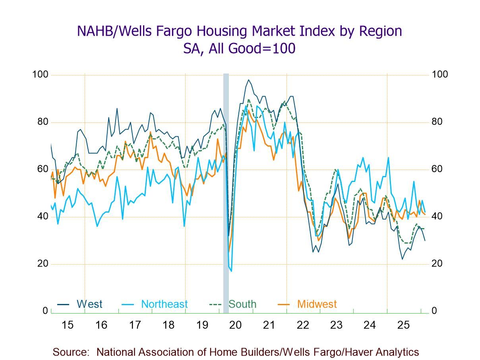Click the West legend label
[89, 304]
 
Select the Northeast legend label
[164, 304]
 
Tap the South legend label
[242, 304]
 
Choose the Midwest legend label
[317, 304]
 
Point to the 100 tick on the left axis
[40, 75]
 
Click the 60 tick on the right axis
[437, 169]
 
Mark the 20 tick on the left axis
[43, 264]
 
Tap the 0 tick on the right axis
[434, 311]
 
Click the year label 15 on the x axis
[68, 325]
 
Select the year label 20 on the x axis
[236, 325]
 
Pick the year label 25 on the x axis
[403, 325]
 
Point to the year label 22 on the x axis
[303, 325]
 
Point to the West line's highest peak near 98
[249, 80]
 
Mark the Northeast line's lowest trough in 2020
[231, 271]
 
